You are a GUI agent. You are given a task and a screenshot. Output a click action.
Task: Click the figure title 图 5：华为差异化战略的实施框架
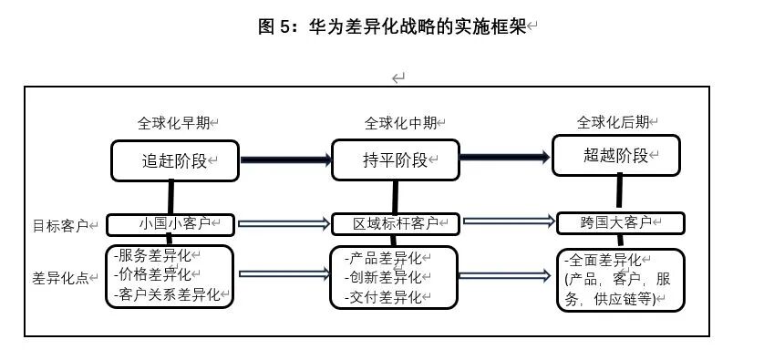(392, 26)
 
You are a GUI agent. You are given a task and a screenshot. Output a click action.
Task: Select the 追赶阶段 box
(175, 160)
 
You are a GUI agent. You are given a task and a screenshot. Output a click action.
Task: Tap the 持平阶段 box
(395, 159)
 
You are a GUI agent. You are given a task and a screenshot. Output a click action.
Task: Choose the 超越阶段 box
(616, 156)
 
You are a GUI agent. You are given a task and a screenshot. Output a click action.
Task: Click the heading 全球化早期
(173, 123)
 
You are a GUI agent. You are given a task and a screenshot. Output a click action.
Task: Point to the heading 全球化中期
(400, 123)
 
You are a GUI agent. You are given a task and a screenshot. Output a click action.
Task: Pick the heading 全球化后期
(613, 122)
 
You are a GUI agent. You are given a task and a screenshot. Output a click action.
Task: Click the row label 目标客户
(60, 226)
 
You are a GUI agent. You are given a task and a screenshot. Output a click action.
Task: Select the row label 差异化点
(60, 278)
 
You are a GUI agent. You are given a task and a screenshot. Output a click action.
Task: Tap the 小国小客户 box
(170, 225)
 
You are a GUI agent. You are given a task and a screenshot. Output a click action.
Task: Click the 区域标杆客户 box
(395, 224)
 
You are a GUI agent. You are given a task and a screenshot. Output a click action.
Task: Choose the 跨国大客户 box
(621, 223)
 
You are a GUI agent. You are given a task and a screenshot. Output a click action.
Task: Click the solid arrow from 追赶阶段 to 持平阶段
(286, 160)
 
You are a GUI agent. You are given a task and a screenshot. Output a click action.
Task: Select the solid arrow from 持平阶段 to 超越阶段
(505, 157)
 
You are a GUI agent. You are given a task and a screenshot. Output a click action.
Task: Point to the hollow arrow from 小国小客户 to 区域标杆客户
(284, 223)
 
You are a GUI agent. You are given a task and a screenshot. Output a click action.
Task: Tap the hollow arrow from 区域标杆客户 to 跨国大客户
(509, 221)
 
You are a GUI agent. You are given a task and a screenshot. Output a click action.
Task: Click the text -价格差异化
(152, 274)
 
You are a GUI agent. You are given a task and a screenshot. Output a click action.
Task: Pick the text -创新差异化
(383, 277)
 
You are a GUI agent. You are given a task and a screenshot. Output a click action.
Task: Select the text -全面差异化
(604, 260)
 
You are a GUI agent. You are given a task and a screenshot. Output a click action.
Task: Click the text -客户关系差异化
(167, 294)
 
